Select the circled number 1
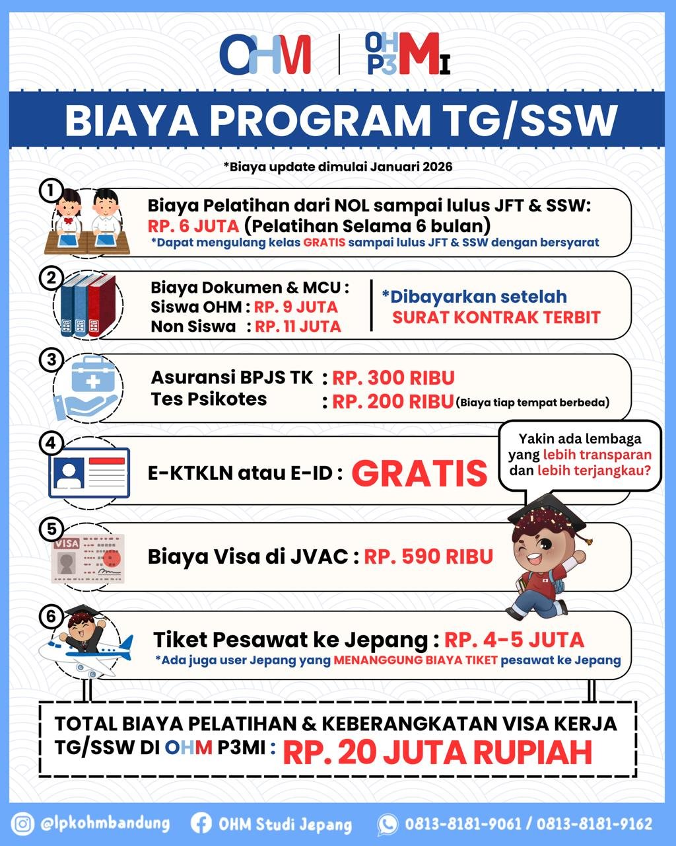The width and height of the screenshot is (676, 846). click(51, 190)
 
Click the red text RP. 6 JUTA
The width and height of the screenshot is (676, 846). click(193, 226)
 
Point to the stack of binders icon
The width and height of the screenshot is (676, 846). click(88, 305)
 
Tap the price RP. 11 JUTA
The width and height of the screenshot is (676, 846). click(298, 327)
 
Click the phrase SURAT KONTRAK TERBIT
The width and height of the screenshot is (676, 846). click(496, 317)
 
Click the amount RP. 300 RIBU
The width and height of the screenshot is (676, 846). click(393, 378)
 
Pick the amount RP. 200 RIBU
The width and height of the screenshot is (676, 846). click(392, 401)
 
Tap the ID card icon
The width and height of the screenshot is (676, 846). click(89, 473)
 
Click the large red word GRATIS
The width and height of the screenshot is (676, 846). click(419, 473)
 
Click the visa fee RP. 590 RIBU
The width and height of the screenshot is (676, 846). click(428, 557)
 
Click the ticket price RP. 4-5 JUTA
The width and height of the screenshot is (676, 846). click(514, 640)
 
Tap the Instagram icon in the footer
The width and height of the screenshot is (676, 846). click(23, 824)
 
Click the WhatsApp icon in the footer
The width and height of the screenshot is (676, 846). click(388, 824)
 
